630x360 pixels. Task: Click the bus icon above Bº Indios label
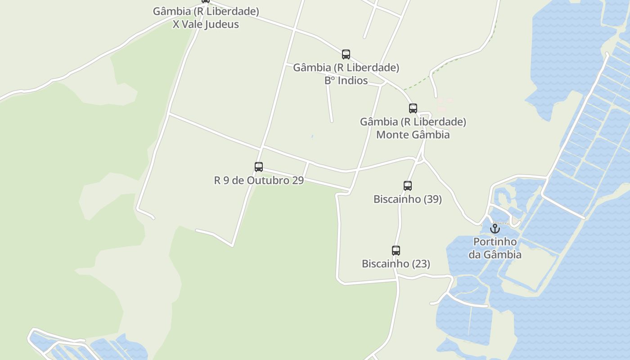click(346, 54)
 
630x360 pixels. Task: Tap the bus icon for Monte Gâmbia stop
click(413, 108)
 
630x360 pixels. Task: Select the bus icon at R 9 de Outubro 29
click(258, 167)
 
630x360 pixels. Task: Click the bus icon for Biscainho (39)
click(407, 185)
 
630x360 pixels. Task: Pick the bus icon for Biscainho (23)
click(396, 251)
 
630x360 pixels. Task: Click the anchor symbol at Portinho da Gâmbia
click(495, 229)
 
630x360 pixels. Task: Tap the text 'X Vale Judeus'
click(206, 24)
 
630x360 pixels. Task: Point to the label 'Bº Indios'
click(346, 81)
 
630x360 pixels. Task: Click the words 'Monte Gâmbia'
click(413, 135)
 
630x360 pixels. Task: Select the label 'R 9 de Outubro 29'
click(258, 180)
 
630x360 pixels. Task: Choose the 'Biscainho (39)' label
click(407, 199)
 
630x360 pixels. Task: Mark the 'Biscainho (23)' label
click(396, 264)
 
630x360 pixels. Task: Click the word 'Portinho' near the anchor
click(495, 242)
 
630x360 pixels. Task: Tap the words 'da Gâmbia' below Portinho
click(495, 255)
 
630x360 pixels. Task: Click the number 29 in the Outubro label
click(297, 180)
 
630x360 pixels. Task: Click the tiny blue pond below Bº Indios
click(312, 136)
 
